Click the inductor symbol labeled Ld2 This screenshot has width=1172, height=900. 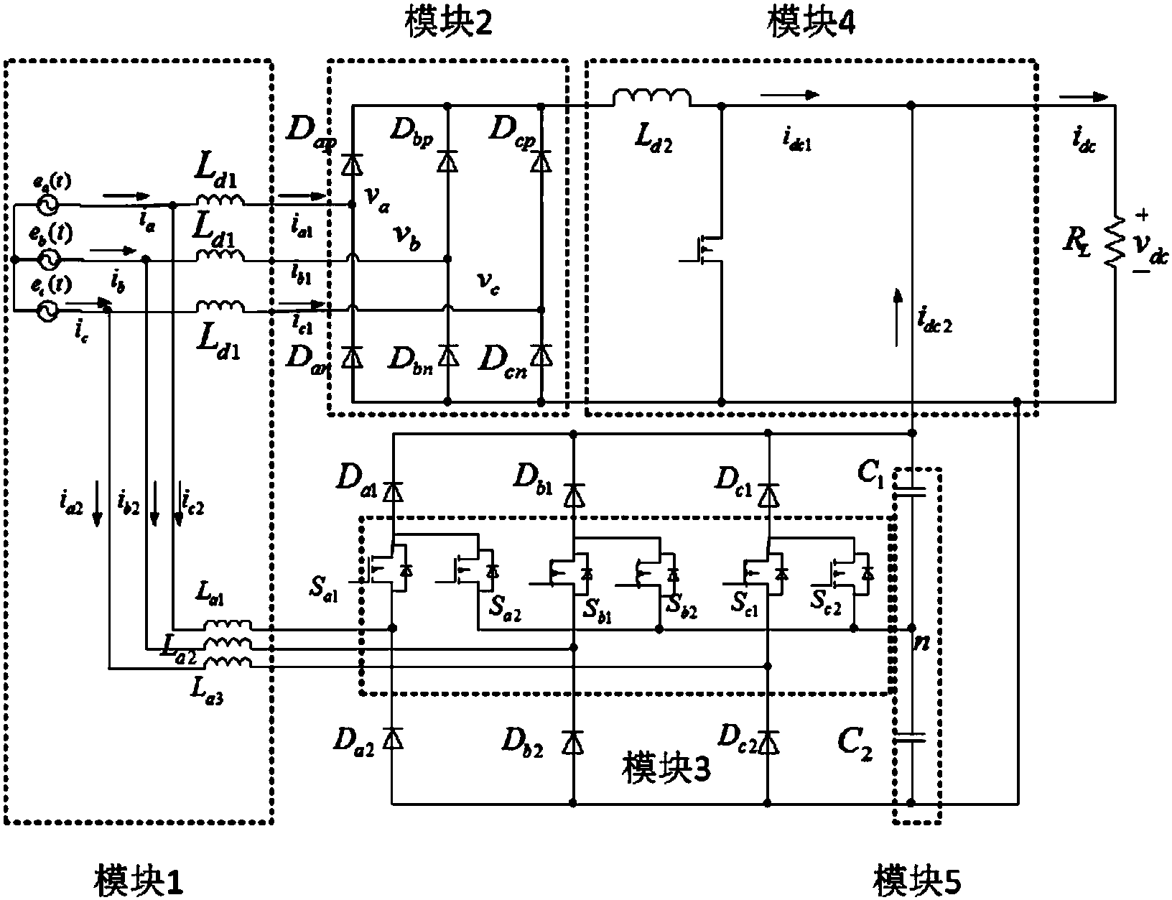[652, 97]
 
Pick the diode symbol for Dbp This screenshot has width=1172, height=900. [447, 161]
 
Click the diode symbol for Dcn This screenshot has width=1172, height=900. [541, 354]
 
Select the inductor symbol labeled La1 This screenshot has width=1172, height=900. [228, 625]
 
